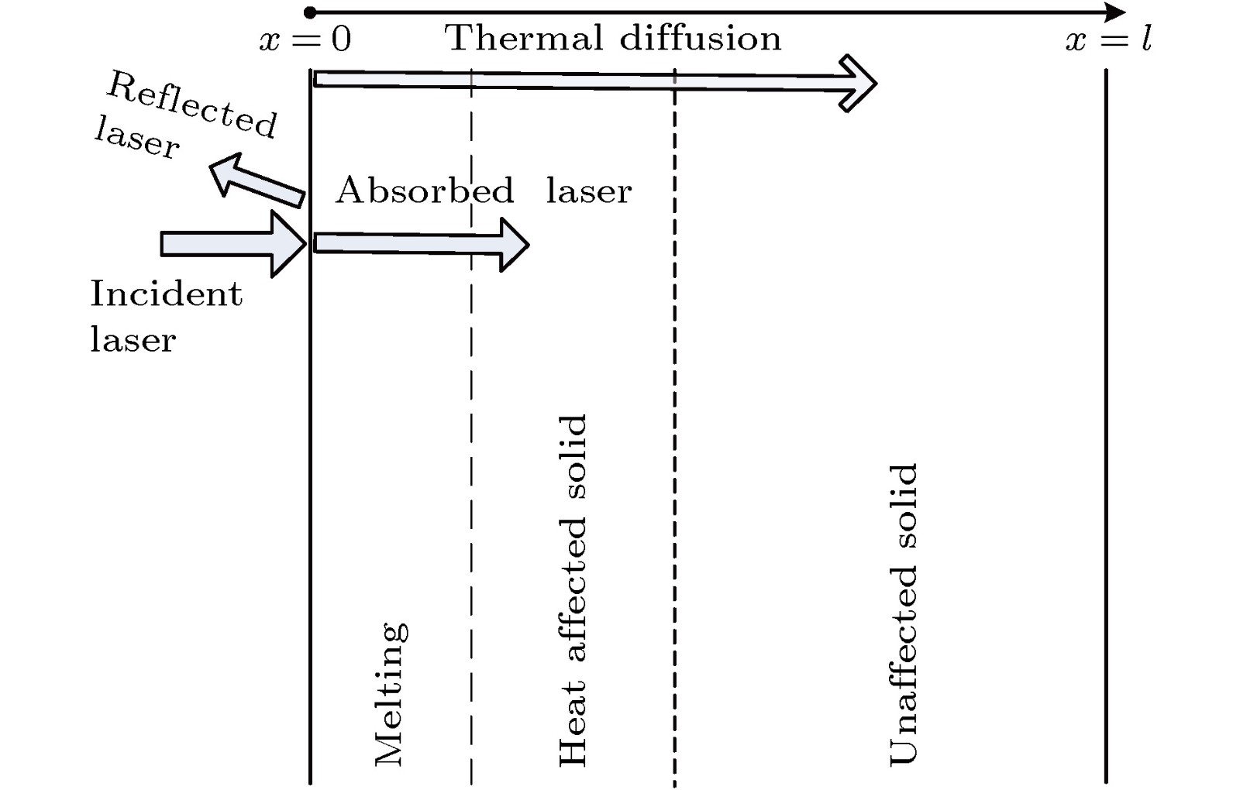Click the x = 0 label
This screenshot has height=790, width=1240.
[305, 39]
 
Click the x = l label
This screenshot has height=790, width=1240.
[1108, 39]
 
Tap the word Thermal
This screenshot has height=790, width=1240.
[524, 38]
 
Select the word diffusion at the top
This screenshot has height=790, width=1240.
[701, 38]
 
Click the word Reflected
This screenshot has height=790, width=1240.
[191, 105]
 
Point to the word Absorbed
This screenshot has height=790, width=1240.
[425, 191]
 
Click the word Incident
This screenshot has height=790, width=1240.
[166, 294]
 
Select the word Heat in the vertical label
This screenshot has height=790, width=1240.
[572, 725]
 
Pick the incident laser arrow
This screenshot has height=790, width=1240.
[232, 244]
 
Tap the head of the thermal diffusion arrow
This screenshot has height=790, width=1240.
[857, 83]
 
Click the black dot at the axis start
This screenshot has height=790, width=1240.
[310, 12]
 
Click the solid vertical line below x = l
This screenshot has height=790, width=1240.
[1106, 426]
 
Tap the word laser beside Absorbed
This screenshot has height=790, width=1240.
[589, 191]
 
